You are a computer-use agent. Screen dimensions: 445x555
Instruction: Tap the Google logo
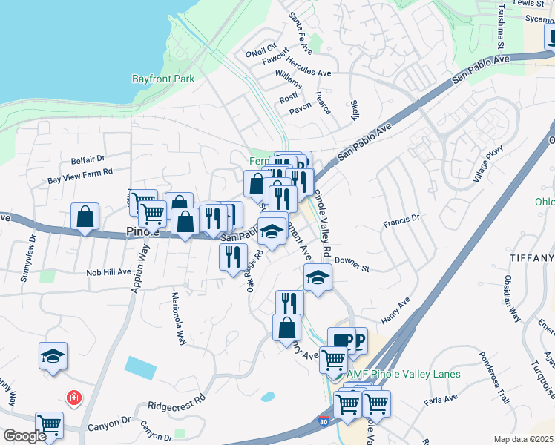pos(24,436)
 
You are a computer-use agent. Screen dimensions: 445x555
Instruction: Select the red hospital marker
pos(74,398)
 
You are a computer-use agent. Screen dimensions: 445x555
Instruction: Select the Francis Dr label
pos(401,219)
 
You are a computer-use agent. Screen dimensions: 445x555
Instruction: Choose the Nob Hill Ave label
pos(108,272)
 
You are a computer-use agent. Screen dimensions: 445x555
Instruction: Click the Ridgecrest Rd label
pos(175,405)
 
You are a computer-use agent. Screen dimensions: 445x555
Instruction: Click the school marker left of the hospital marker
pos(53,356)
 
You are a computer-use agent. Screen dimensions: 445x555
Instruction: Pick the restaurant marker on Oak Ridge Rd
pos(234,257)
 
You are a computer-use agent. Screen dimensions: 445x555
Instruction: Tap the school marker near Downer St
pos(318,277)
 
